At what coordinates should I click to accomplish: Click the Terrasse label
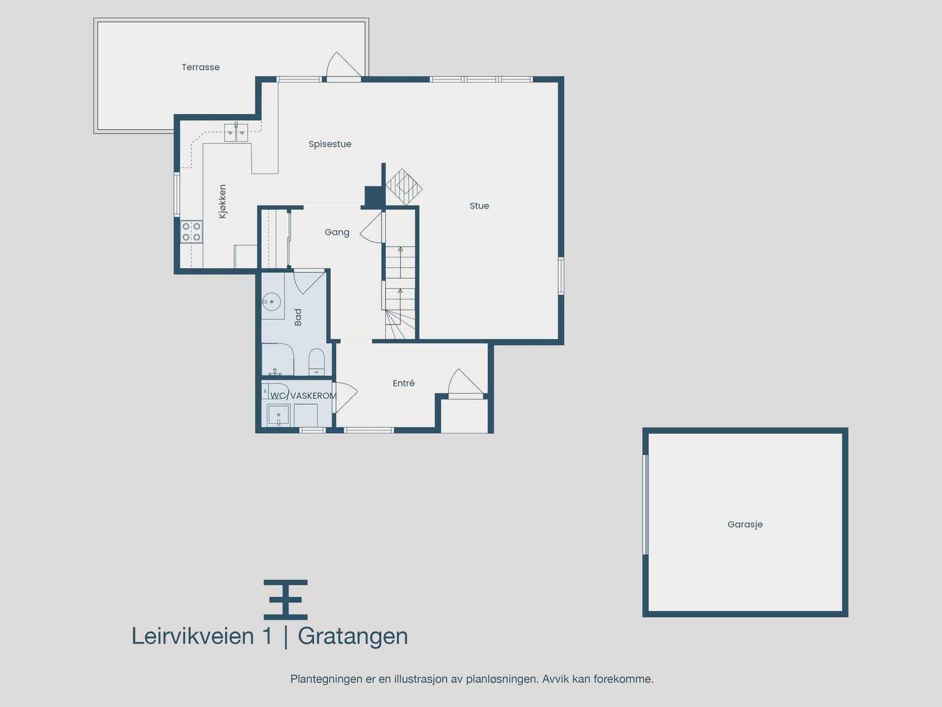coord(200,67)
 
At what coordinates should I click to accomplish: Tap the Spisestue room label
coord(330,144)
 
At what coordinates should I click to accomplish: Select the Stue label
coord(479,206)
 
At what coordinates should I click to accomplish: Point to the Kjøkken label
coord(223,201)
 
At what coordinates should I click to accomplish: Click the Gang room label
coord(337,232)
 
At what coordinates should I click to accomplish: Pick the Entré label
coord(403,383)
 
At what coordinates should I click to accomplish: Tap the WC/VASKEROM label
coord(303,395)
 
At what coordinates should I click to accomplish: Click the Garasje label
coord(745,524)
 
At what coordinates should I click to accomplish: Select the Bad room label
coord(298,317)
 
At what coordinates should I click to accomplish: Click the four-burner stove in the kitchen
coord(191,232)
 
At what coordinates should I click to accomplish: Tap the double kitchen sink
coord(236,132)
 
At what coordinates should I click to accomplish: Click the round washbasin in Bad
coord(270,302)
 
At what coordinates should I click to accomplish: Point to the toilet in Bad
coord(317,361)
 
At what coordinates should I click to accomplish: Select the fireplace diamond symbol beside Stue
coord(404,187)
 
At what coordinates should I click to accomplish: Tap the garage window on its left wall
coord(646,504)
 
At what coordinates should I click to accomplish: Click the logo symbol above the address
coord(286,600)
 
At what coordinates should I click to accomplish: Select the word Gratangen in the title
coord(353,636)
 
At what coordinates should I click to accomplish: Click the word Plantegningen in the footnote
coord(326,679)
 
